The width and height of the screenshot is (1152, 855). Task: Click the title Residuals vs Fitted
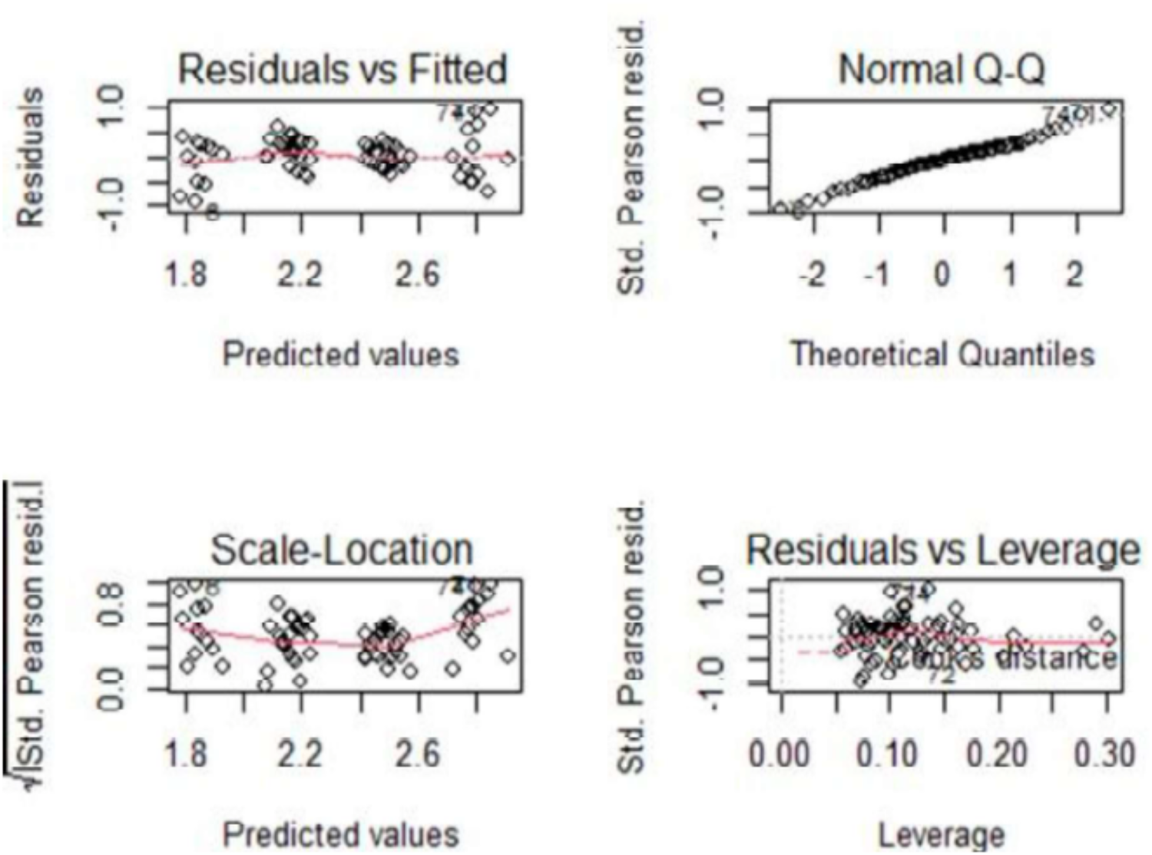tap(343, 69)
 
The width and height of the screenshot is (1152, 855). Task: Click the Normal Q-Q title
tap(942, 69)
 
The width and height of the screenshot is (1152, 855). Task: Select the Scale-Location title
tap(342, 550)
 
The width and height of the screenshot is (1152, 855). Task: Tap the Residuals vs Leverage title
tap(942, 550)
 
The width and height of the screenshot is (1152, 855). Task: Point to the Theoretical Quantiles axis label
tap(942, 355)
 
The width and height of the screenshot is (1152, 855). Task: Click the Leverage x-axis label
tap(941, 835)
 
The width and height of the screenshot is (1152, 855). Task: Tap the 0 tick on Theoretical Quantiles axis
tap(942, 273)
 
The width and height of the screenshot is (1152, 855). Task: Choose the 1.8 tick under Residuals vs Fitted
tap(187, 273)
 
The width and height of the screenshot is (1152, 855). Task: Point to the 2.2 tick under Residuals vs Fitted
tap(300, 273)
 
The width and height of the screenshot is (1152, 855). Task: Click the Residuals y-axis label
tap(31, 157)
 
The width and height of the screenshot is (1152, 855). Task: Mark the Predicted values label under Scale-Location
tap(341, 835)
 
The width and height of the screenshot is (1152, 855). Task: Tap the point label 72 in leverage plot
tap(941, 676)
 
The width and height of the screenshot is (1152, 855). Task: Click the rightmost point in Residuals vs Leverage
tap(1108, 639)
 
